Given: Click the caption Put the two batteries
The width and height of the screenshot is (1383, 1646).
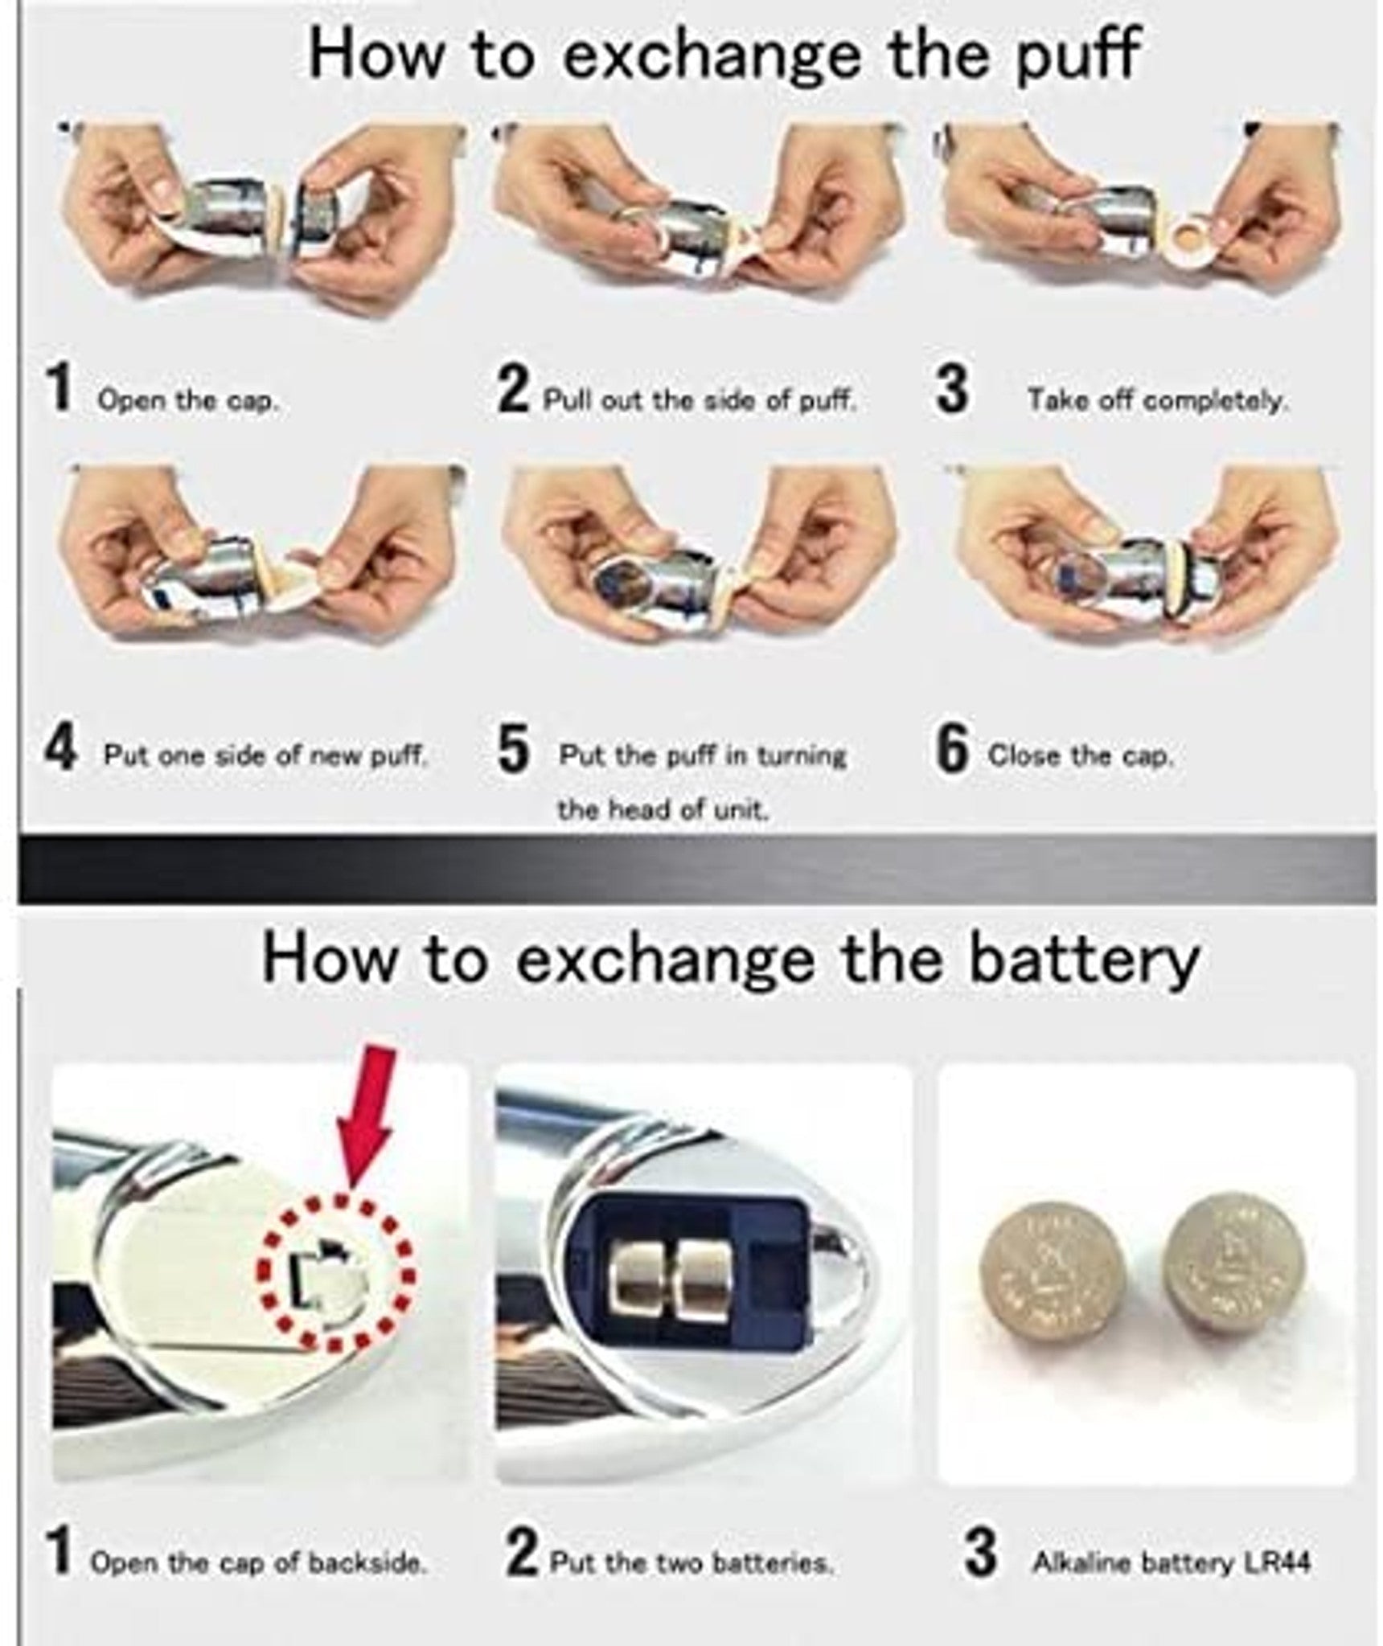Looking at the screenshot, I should (691, 1563).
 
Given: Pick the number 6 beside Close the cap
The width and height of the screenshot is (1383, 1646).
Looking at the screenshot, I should (954, 751).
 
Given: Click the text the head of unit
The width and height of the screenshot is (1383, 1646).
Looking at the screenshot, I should (663, 809).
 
